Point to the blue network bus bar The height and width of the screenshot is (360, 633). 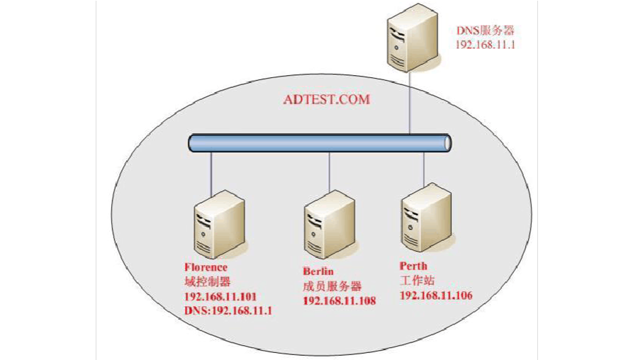[x=320, y=142]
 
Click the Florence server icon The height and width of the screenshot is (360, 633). [x=218, y=224]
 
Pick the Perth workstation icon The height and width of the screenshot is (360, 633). [x=425, y=216]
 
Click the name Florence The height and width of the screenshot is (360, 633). [x=206, y=268]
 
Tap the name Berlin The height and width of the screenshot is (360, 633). [x=318, y=271]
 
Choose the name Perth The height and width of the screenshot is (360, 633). [x=413, y=266]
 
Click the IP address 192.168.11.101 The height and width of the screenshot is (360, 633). [x=220, y=296]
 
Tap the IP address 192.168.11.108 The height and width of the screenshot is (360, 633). [x=339, y=300]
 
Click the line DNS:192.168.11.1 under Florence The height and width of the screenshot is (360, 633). [x=228, y=310]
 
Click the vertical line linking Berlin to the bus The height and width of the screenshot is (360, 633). [x=329, y=171]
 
